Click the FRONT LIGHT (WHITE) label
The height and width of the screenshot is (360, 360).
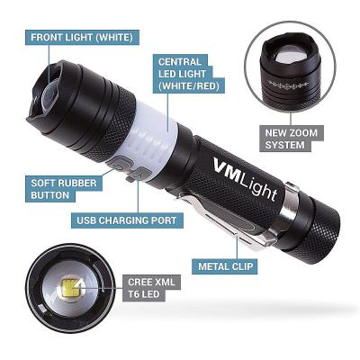click(82, 38)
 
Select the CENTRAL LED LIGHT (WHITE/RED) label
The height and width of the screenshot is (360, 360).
click(188, 74)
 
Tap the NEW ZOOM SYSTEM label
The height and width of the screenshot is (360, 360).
click(292, 139)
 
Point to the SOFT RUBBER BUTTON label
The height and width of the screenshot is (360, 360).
click(64, 189)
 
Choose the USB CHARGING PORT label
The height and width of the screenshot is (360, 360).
click(127, 220)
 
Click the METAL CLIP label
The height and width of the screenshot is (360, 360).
click(226, 266)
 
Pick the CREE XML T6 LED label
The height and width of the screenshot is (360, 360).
click(151, 288)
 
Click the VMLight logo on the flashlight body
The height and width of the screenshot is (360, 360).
click(245, 178)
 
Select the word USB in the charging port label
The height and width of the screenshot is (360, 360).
click(86, 220)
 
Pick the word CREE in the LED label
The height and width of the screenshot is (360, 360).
click(140, 283)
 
